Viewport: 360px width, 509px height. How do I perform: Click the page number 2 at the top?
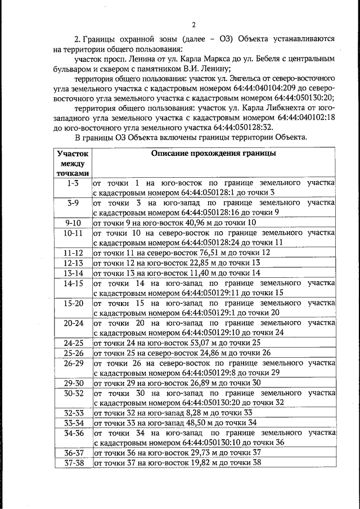click(193, 24)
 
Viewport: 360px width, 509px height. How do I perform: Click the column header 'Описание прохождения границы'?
click(213, 153)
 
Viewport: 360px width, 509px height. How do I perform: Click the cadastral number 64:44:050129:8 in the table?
click(213, 373)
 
